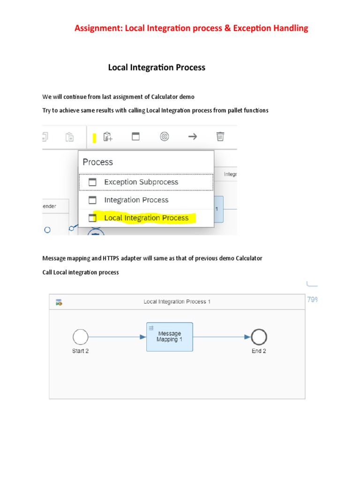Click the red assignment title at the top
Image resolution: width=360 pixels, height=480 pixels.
(x=191, y=28)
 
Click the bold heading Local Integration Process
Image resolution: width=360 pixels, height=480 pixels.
(x=157, y=67)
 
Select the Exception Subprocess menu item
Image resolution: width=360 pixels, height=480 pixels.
(x=141, y=182)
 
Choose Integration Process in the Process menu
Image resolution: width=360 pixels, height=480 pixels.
(x=136, y=200)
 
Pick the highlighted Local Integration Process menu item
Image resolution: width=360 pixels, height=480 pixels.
(x=146, y=218)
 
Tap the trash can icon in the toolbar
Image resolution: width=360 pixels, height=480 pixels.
(x=220, y=136)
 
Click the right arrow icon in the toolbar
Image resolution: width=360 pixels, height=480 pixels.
(x=192, y=136)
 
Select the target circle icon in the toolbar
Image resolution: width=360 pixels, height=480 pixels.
(x=164, y=136)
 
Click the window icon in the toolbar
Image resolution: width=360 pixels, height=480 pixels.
(x=135, y=136)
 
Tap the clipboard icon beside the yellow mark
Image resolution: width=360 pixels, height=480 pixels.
(x=108, y=136)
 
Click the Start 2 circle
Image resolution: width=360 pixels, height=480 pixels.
(x=81, y=337)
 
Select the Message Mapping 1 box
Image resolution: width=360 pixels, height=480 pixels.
(x=169, y=337)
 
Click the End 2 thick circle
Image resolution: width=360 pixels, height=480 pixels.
(x=259, y=337)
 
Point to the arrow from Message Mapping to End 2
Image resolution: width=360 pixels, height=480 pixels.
(x=222, y=337)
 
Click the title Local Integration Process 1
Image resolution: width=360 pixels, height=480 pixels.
(x=177, y=302)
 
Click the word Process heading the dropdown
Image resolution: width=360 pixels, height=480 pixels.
(x=97, y=162)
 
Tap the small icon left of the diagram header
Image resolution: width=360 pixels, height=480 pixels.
(x=59, y=302)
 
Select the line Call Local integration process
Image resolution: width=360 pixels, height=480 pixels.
(x=80, y=272)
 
